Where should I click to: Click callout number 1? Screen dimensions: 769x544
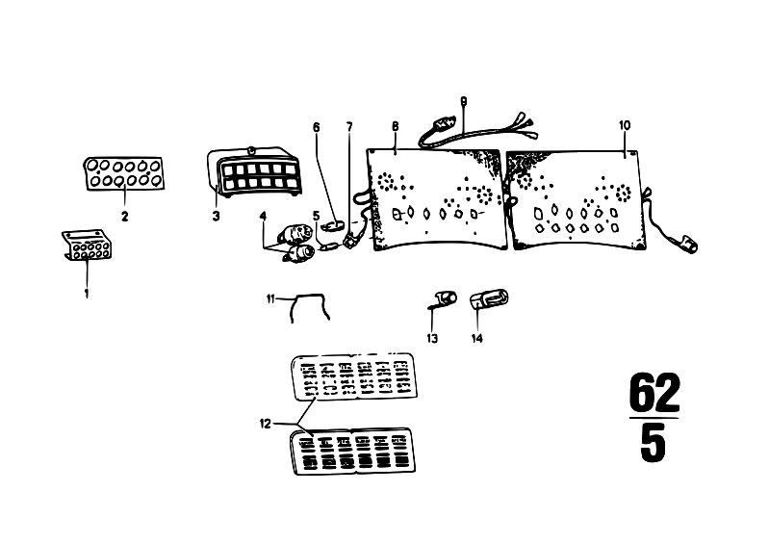click(87, 294)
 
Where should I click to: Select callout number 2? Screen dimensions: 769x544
click(124, 216)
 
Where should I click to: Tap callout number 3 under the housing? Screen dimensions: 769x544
click(217, 216)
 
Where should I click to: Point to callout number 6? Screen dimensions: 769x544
click(317, 127)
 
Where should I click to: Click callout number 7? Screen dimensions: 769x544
click(349, 127)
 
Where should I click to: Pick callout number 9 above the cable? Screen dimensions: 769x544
click(464, 101)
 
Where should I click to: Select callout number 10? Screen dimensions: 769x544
click(625, 125)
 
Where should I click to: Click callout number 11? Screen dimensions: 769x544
click(270, 298)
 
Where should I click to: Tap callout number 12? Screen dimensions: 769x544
click(265, 424)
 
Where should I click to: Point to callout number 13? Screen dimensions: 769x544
click(432, 339)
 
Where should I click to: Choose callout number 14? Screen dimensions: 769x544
click(476, 339)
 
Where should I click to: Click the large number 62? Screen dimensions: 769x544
click(654, 393)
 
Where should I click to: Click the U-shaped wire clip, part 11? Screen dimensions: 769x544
click(310, 296)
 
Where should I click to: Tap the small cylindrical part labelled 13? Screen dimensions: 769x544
click(445, 298)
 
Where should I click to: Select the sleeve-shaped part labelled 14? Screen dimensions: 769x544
click(489, 299)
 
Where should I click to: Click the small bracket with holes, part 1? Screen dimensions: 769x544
click(87, 246)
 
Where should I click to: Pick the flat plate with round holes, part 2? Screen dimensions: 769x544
click(124, 173)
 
